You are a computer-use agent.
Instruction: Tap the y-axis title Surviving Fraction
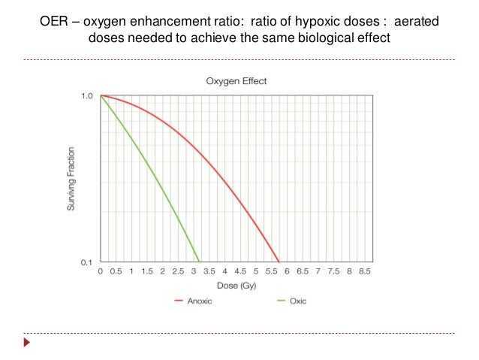71,179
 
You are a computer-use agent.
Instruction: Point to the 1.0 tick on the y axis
86,96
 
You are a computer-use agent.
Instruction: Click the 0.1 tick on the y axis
86,262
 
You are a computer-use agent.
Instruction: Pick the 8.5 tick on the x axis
364,271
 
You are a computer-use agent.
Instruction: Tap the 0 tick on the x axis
101,271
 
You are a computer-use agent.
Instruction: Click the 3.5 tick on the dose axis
209,271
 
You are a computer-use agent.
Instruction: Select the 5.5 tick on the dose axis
271,271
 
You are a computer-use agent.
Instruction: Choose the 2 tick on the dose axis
163,271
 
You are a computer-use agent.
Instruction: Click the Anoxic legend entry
194,301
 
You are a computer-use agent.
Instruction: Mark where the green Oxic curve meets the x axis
200,262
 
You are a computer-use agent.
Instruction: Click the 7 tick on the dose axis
318,271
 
